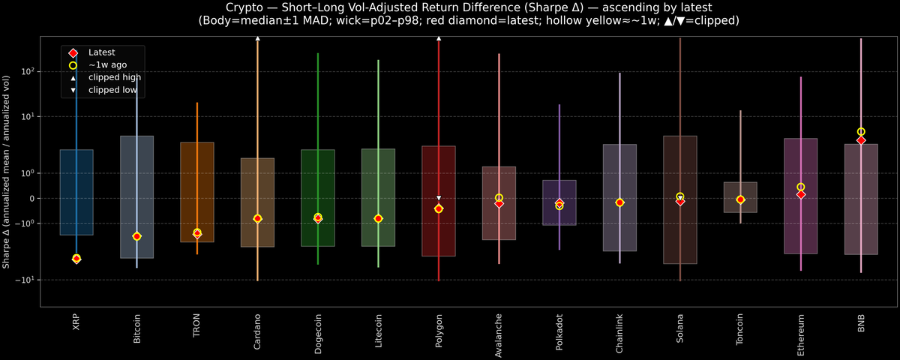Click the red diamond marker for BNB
click(861, 140)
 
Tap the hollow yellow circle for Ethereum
click(801, 187)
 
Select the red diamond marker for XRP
click(76, 259)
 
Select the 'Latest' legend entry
click(101, 52)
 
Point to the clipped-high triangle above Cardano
click(257, 37)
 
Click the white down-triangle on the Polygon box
click(439, 198)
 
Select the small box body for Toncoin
click(740, 197)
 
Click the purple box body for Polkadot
click(559, 202)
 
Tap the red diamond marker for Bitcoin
click(136, 236)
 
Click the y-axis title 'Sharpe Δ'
click(7, 172)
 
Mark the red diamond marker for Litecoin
click(378, 218)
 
